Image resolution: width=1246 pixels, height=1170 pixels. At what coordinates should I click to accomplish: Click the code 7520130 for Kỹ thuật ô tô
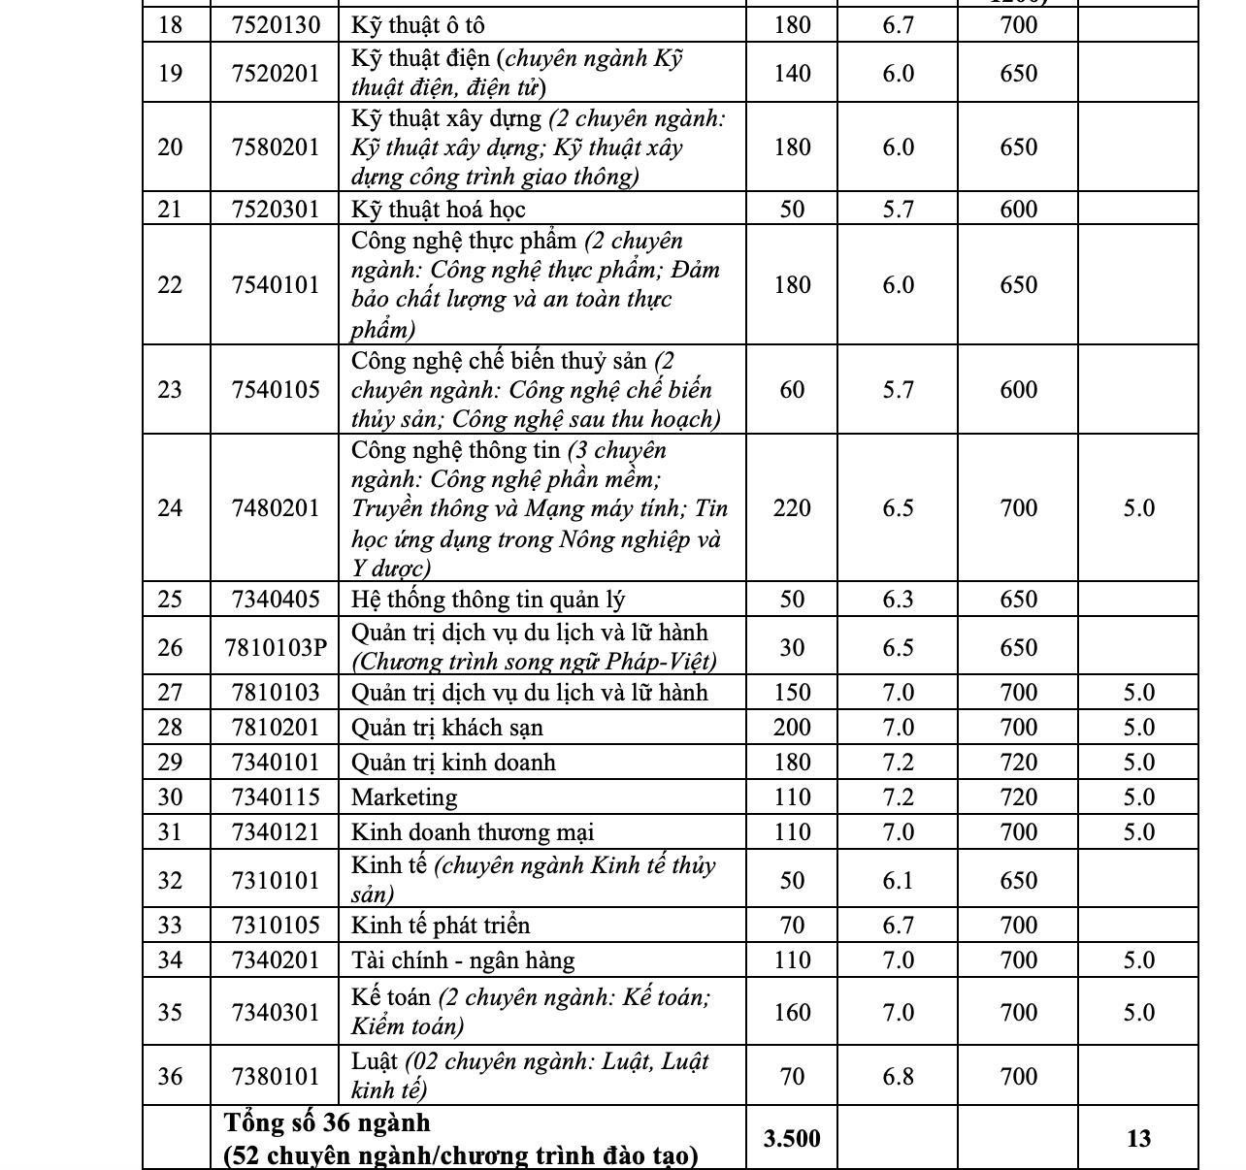[276, 24]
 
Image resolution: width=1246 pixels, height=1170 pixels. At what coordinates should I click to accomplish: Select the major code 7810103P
[276, 647]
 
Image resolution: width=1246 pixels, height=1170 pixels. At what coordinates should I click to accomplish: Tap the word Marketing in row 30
[404, 797]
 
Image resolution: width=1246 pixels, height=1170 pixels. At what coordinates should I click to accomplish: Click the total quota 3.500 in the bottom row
[792, 1138]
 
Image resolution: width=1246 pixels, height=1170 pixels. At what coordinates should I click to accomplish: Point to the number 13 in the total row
[1138, 1138]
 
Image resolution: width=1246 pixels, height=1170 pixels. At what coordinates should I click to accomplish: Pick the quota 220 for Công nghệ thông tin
[792, 508]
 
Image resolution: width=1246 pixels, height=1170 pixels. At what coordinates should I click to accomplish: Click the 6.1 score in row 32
[898, 880]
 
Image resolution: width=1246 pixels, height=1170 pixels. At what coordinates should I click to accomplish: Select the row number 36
[170, 1076]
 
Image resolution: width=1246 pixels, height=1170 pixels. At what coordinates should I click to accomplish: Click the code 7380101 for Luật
[276, 1076]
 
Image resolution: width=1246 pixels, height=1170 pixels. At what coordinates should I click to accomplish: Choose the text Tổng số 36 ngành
[327, 1122]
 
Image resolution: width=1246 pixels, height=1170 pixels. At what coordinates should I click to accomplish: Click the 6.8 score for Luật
[898, 1076]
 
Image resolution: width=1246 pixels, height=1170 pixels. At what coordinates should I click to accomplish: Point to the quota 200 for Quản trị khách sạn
[792, 728]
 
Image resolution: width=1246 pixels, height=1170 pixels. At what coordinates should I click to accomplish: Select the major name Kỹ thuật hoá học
[438, 210]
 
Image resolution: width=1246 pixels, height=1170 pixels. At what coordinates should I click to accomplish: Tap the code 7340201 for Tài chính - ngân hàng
[276, 960]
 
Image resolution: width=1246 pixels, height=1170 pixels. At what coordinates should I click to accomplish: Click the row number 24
[170, 508]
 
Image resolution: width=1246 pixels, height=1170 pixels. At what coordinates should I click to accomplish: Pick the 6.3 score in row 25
[898, 600]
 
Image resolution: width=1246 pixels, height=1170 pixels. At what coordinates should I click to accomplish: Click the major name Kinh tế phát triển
[441, 926]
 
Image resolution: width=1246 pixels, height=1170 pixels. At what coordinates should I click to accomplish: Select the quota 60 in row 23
[792, 390]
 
